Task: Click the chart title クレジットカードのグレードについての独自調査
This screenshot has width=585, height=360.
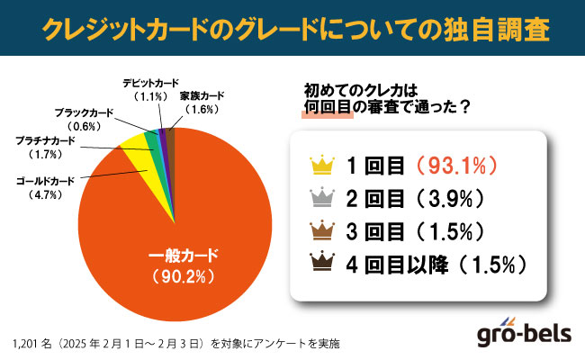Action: click(x=292, y=29)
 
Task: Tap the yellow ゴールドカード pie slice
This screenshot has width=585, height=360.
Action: click(x=136, y=152)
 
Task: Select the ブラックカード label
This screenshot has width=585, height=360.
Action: click(x=82, y=112)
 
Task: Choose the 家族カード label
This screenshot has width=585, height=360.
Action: click(x=202, y=95)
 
